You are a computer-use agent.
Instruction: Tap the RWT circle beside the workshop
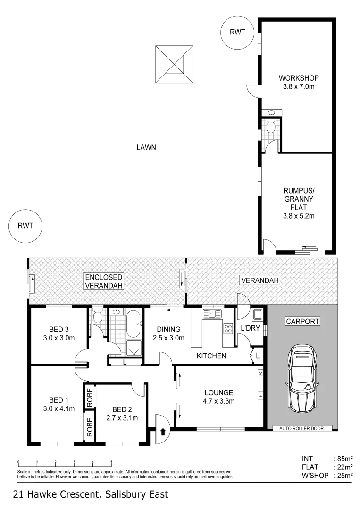[238, 32]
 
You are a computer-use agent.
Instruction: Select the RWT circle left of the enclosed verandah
[25, 225]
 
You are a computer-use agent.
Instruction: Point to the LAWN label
[146, 147]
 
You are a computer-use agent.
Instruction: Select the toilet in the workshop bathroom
[271, 126]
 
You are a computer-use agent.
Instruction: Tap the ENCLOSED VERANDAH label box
[104, 281]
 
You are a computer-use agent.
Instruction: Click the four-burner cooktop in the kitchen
[227, 328]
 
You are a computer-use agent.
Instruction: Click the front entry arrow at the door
[162, 431]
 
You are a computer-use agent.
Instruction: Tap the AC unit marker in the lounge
[260, 374]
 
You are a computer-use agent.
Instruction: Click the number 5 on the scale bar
[111, 462]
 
